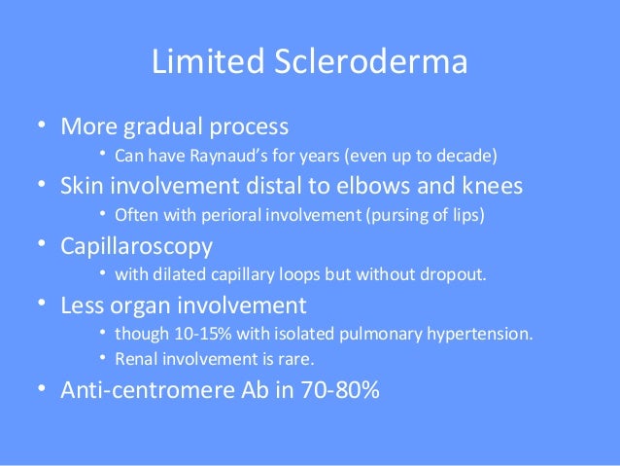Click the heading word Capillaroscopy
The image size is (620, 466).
click(x=137, y=245)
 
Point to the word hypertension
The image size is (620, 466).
click(x=484, y=335)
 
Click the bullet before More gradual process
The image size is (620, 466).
click(x=43, y=127)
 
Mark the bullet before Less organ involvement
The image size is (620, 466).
click(x=43, y=305)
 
